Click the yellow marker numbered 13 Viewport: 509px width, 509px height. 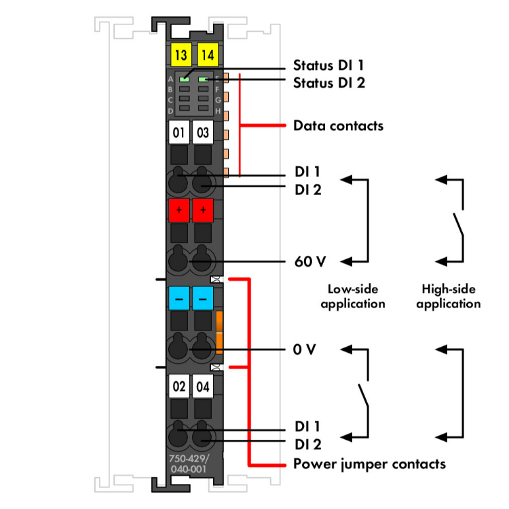click(180, 55)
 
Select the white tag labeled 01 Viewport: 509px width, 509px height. click(178, 133)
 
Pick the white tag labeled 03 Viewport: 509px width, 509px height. click(203, 133)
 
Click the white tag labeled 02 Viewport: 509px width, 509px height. click(178, 388)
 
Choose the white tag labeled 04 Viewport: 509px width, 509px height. click(203, 388)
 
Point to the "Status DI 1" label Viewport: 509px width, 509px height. click(328, 66)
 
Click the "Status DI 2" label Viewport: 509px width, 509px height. click(329, 83)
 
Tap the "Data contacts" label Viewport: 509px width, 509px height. click(338, 126)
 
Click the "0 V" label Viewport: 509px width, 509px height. click(305, 350)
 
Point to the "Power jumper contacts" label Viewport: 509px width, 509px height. click(369, 464)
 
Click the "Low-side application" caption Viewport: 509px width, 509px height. click(352, 295)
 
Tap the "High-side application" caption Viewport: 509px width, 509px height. click(448, 295)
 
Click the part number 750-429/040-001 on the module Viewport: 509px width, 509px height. click(188, 463)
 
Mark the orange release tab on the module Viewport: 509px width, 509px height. click(219, 333)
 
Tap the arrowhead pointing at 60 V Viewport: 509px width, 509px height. click(345, 261)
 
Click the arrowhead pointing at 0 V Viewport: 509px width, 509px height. click(345, 350)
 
